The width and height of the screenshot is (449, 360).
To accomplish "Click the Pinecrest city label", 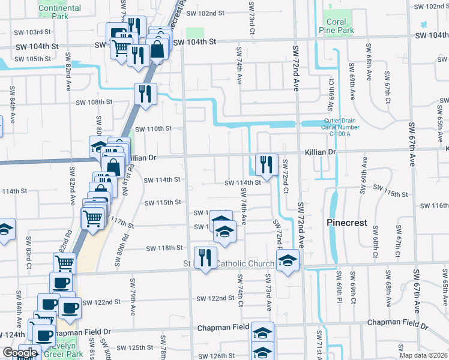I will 346,223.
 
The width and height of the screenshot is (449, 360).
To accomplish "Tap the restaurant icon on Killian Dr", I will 265,164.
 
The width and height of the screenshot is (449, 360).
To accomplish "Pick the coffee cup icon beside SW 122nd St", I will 70,308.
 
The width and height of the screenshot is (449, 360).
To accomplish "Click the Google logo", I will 20,353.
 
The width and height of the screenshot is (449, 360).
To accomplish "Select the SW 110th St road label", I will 154,128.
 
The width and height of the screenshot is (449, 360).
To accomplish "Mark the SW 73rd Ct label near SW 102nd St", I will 251,8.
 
